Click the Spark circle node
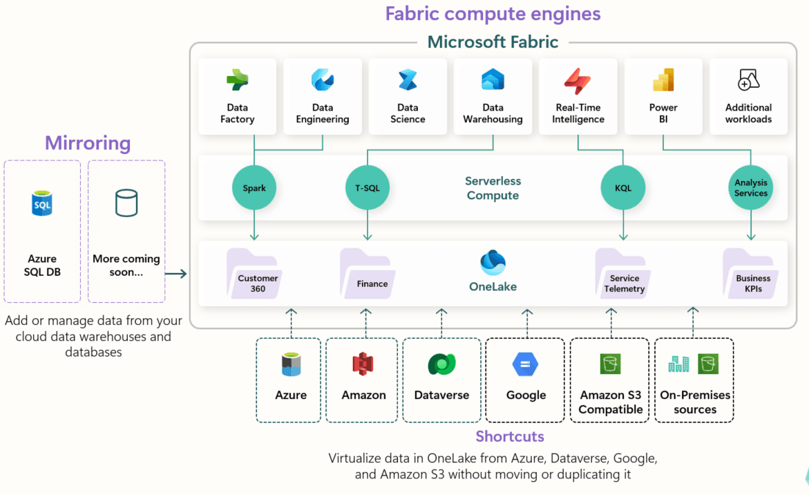pyautogui.click(x=254, y=188)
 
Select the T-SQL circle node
pyautogui.click(x=367, y=188)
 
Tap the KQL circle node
pyautogui.click(x=623, y=188)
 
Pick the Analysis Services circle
pyautogui.click(x=751, y=188)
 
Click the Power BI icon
pyautogui.click(x=663, y=81)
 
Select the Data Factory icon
pyautogui.click(x=237, y=81)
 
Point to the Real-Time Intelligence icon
pyautogui.click(x=578, y=81)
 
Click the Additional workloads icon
pyautogui.click(x=748, y=81)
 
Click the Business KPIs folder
pyautogui.click(x=752, y=274)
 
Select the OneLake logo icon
pyautogui.click(x=493, y=264)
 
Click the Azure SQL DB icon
pyautogui.click(x=42, y=204)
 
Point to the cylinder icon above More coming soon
pyautogui.click(x=126, y=203)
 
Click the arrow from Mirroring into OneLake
pyautogui.click(x=177, y=274)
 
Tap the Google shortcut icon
pyautogui.click(x=526, y=364)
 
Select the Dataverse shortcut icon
pyautogui.click(x=441, y=364)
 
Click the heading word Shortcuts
pyautogui.click(x=509, y=436)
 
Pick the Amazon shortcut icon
pyautogui.click(x=363, y=364)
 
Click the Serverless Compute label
pyautogui.click(x=493, y=188)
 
